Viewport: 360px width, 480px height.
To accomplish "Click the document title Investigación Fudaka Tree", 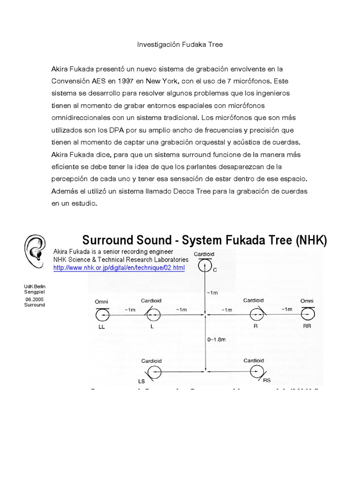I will [180, 45].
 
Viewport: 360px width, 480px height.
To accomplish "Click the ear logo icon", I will [35, 249].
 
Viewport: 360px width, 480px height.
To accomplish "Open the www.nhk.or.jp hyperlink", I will [119, 268].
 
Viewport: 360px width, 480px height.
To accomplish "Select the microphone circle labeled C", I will [204, 267].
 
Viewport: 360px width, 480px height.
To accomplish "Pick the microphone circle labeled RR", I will [307, 313].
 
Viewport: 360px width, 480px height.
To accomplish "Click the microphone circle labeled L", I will [153, 313].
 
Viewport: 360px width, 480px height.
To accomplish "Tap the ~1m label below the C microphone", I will [212, 292].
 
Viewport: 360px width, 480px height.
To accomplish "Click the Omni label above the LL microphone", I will [102, 301].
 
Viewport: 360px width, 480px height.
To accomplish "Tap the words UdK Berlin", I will [35, 285].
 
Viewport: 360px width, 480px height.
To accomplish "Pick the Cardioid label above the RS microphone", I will [254, 360].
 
